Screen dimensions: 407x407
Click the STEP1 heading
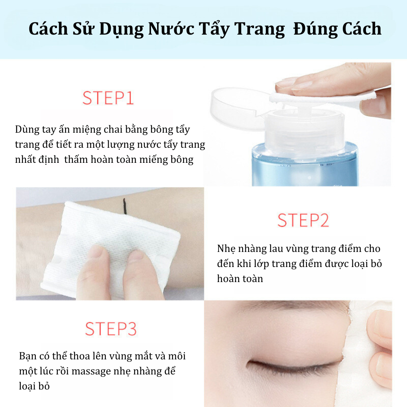108,98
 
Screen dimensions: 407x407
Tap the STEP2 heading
303,220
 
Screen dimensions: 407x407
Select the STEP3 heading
111,329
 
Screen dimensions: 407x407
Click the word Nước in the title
171,28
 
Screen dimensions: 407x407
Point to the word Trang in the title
260,29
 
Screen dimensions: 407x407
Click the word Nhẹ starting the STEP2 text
226,249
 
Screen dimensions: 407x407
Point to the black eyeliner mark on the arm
125,207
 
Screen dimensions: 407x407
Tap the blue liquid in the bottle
305,166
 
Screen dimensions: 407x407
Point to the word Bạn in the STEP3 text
28,356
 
